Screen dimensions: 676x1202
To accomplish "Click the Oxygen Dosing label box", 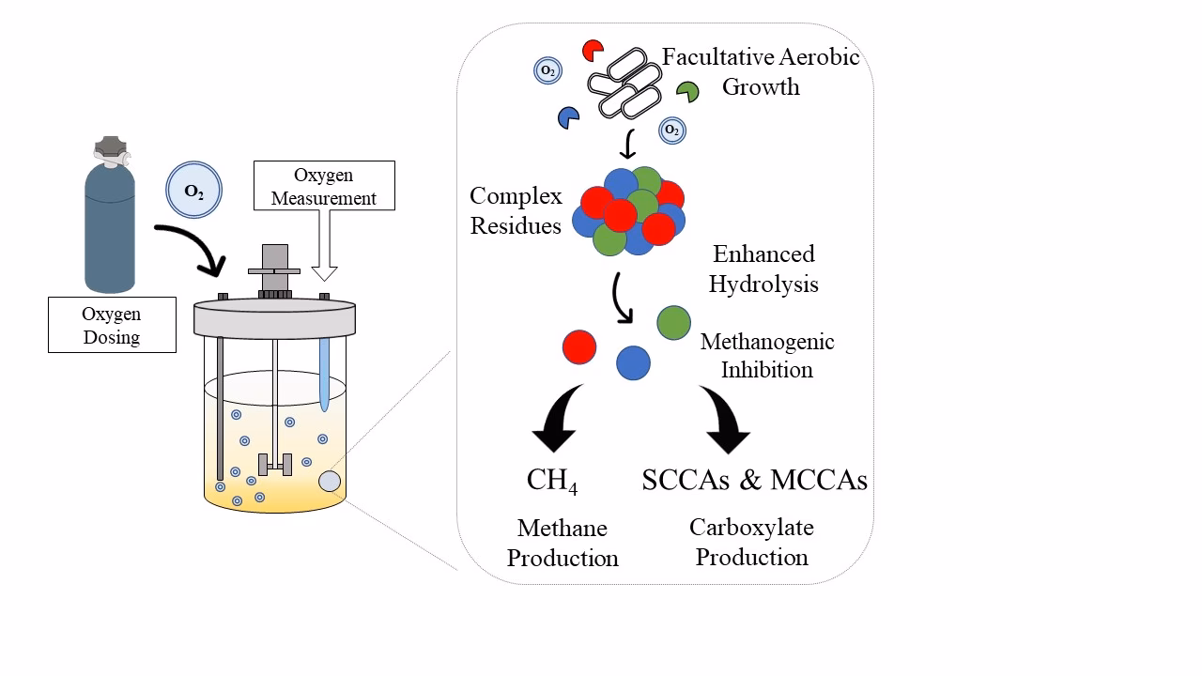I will pyautogui.click(x=112, y=325).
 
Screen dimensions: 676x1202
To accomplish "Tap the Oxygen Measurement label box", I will pyautogui.click(x=323, y=186).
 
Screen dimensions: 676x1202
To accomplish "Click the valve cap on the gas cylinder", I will pyautogui.click(x=110, y=150).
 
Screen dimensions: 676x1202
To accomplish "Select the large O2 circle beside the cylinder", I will pyautogui.click(x=193, y=191).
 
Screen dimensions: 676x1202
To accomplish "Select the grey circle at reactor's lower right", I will pyautogui.click(x=330, y=481).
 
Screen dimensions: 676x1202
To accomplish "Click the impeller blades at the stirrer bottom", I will pyautogui.click(x=275, y=464).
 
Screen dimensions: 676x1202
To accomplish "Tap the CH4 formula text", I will pyautogui.click(x=552, y=481).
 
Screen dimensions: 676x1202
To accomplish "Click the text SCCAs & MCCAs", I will pyautogui.click(x=754, y=480).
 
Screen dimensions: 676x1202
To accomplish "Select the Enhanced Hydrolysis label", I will pyautogui.click(x=763, y=269).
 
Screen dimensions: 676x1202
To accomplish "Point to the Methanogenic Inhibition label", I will pyautogui.click(x=767, y=355).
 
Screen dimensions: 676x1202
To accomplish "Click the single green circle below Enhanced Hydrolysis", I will pyautogui.click(x=673, y=322).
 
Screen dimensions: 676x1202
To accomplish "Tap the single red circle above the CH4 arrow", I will pyautogui.click(x=579, y=346).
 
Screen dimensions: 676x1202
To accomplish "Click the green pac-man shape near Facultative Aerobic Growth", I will pyautogui.click(x=688, y=91).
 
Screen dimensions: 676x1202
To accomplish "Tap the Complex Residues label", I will pyautogui.click(x=516, y=210).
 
